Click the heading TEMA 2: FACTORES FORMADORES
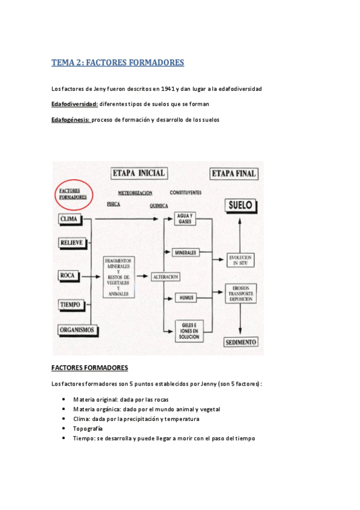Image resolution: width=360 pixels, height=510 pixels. tap(118, 63)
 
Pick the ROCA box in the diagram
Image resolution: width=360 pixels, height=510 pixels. tap(67, 275)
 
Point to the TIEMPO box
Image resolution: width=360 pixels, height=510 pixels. tap(70, 304)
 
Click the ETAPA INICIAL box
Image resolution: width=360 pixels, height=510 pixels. tap(138, 173)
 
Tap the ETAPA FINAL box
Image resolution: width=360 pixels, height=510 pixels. tap(233, 174)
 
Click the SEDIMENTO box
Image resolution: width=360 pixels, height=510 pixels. tap(240, 342)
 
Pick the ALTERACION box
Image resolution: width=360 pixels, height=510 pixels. tap(166, 276)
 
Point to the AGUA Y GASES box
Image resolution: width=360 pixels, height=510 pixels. tap(184, 219)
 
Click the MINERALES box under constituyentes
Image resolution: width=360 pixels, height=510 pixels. tap(186, 253)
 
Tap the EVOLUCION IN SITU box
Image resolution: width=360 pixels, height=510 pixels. tap(240, 260)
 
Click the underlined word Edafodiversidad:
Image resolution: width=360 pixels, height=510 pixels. tap(75, 104)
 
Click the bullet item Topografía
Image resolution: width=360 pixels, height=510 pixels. tap(88, 429)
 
